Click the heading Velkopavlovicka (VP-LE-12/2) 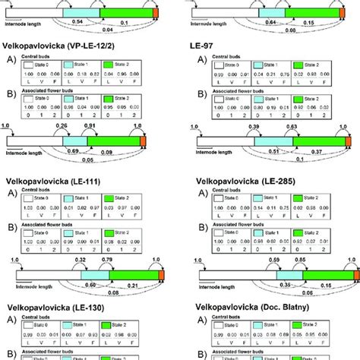click(x=67, y=46)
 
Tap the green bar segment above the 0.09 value click(x=114, y=141)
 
